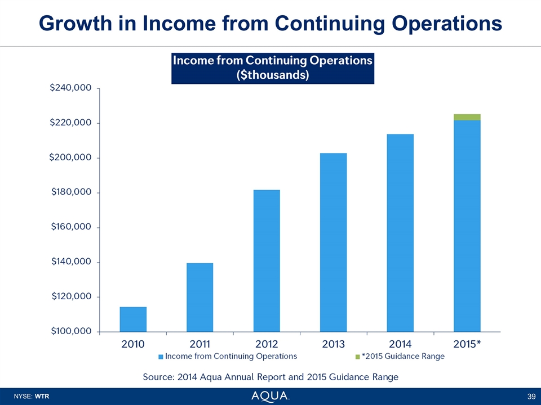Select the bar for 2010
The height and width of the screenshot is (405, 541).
[133, 319]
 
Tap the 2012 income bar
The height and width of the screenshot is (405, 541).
[267, 260]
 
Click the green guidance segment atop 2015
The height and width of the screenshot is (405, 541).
[467, 117]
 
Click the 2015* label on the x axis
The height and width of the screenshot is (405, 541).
[467, 344]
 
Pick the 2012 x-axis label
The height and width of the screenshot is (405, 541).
[267, 344]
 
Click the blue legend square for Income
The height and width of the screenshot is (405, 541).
[161, 357]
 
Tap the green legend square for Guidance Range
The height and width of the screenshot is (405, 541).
[357, 357]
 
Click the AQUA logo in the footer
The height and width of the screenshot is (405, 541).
[270, 396]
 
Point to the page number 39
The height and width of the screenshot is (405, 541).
[531, 397]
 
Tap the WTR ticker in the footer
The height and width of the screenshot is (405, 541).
[42, 397]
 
